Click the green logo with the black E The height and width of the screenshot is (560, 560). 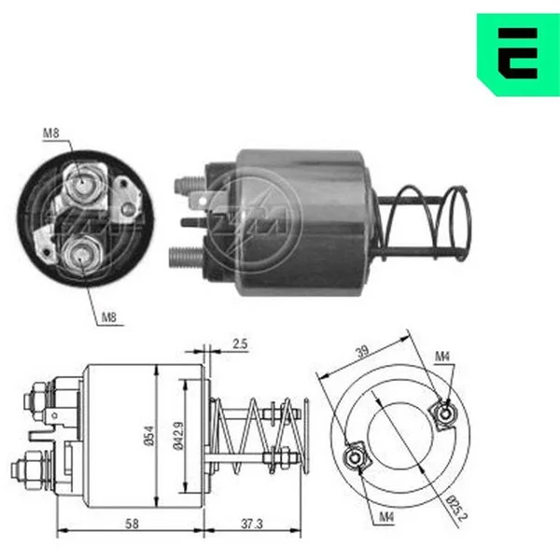[518, 55]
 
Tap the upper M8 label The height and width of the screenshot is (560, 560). [50, 133]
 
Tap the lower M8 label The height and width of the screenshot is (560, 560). [109, 317]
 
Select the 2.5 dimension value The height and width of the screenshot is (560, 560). [240, 343]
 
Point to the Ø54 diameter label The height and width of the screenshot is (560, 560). [150, 436]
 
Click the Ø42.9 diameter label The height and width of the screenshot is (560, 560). [178, 436]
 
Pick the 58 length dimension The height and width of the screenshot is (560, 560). [132, 524]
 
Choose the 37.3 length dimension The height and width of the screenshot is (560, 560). [252, 524]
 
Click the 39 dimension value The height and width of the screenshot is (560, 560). [362, 352]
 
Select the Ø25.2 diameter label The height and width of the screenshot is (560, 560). [456, 508]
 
